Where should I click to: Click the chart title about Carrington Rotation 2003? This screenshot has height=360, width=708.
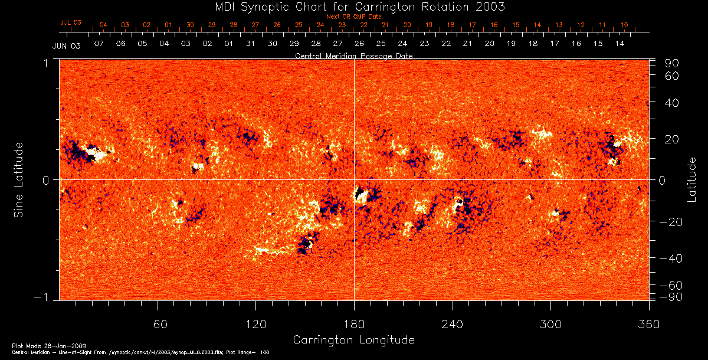click(354, 6)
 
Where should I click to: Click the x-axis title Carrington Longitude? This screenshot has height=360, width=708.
click(353, 340)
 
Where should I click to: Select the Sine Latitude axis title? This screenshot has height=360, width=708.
click(19, 179)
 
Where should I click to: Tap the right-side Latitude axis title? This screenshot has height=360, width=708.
click(691, 179)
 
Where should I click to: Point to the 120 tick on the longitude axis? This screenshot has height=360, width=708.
click(255, 324)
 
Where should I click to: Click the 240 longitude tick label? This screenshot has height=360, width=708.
click(452, 324)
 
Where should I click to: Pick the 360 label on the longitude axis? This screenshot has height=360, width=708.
click(648, 324)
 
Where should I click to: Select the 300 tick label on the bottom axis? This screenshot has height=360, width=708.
click(550, 324)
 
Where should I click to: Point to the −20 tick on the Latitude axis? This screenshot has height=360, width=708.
click(670, 222)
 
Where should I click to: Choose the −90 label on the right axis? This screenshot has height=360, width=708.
click(670, 296)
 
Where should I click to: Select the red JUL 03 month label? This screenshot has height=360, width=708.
click(70, 22)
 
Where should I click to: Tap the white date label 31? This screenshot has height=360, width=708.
click(251, 44)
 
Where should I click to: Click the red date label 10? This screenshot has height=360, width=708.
click(624, 25)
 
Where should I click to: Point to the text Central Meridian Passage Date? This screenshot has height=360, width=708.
click(353, 56)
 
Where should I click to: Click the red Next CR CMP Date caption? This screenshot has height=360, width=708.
click(353, 17)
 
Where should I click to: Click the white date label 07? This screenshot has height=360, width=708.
click(99, 44)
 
